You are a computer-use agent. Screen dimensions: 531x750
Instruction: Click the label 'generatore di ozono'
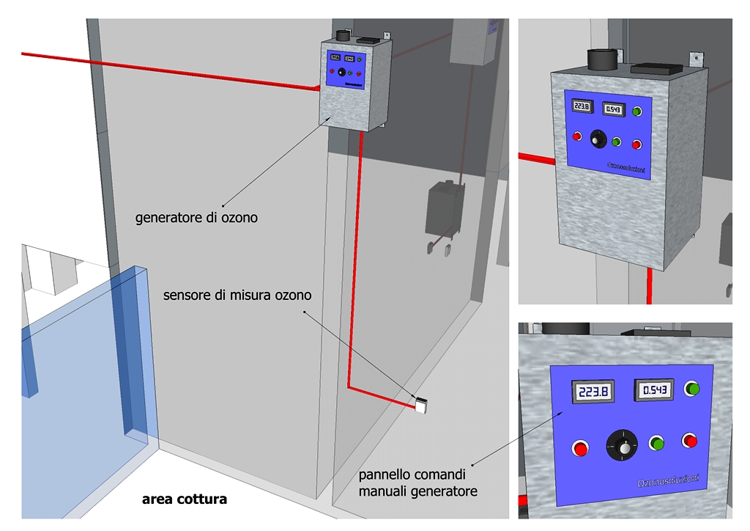pyautogui.click(x=196, y=218)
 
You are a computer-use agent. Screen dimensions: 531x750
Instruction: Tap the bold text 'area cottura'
pyautogui.click(x=184, y=499)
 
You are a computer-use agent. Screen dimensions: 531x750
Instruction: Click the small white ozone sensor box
pyautogui.click(x=422, y=403)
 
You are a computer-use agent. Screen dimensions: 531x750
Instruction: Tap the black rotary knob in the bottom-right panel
pyautogui.click(x=623, y=446)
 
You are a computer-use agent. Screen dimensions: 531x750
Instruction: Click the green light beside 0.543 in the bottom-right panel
pyautogui.click(x=692, y=388)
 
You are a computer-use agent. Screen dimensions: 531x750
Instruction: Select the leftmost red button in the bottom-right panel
pyautogui.click(x=581, y=447)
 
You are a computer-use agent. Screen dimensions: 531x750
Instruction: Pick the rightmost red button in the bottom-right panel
pyautogui.click(x=689, y=440)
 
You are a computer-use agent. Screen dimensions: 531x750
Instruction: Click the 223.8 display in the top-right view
pyautogui.click(x=582, y=106)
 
